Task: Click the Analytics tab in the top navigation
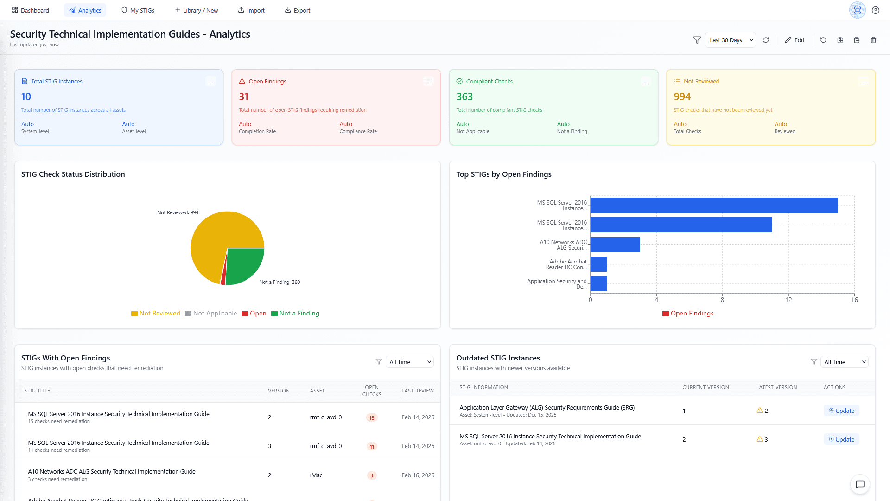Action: click(x=85, y=10)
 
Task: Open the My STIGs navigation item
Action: click(x=138, y=10)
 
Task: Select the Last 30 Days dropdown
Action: click(x=730, y=40)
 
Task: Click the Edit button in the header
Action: click(x=795, y=40)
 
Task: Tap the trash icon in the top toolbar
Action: click(x=873, y=40)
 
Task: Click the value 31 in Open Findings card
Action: click(x=244, y=96)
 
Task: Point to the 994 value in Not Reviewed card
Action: click(x=682, y=96)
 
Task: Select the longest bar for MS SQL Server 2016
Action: click(x=714, y=206)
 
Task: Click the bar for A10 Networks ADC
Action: click(x=615, y=244)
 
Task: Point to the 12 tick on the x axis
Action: click(x=788, y=300)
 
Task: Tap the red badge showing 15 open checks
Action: click(x=372, y=418)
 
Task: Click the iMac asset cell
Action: click(x=316, y=475)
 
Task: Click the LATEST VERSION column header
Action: click(x=776, y=387)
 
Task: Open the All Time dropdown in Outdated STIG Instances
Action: click(x=845, y=362)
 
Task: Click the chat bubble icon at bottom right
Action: click(x=860, y=484)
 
